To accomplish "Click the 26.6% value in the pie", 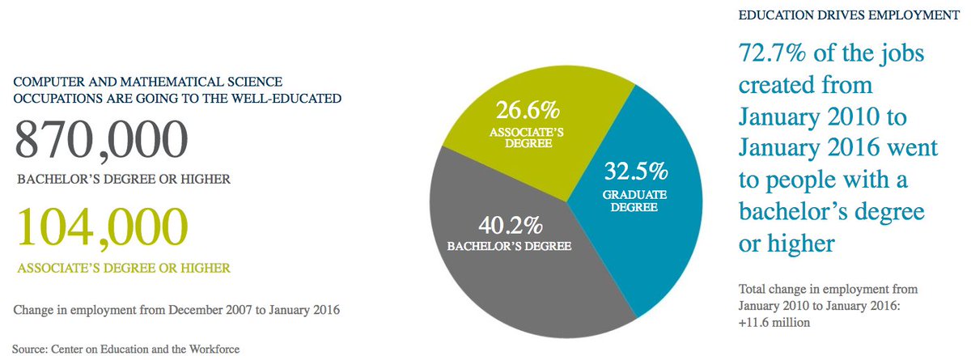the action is pos(528,110).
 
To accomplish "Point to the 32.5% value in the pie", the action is pos(636,171).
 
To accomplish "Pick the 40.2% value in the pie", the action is pos(511,225).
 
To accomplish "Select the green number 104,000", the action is pos(103,228).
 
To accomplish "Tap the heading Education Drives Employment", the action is pos(849,15).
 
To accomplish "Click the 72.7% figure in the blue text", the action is pos(772,53).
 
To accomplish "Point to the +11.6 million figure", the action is pos(774,323).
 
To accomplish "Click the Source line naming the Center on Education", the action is pos(125,349).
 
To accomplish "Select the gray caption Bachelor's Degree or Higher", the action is pos(124,179).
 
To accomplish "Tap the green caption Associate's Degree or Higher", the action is pos(124,268).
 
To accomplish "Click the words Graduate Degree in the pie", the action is pos(634,201).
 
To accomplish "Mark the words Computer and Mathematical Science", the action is pos(148,82).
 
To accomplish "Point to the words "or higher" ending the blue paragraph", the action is pos(787,244).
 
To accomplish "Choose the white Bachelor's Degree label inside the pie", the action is pos(509,247).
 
